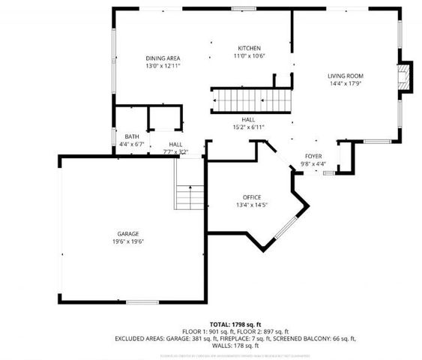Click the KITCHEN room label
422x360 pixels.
point(249,48)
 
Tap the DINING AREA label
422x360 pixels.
point(163,58)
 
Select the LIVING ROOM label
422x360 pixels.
point(346,76)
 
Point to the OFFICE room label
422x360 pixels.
point(251,197)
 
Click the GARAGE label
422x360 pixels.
point(127,234)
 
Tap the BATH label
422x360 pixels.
point(132,136)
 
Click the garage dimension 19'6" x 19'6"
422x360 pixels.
point(127,241)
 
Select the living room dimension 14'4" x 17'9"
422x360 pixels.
point(346,83)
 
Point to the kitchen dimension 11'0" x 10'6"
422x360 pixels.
point(249,55)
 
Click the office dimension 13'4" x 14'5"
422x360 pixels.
point(251,205)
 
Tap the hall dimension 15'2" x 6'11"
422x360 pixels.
point(249,127)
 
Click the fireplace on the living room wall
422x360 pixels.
point(405,76)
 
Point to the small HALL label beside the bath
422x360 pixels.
point(175,144)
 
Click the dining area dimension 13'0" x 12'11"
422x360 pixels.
point(163,65)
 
